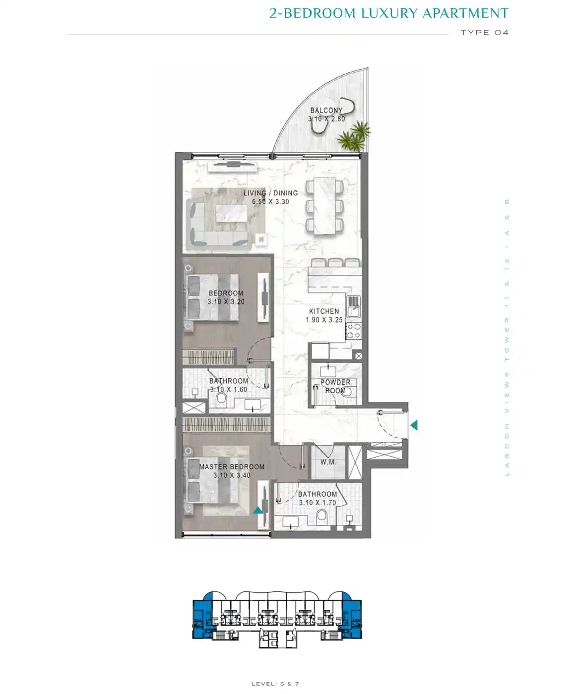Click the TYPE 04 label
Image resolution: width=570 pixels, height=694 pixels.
pyautogui.click(x=485, y=32)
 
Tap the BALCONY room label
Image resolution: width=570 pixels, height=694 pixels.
pyautogui.click(x=326, y=110)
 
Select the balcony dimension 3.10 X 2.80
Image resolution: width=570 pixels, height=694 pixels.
pyautogui.click(x=326, y=119)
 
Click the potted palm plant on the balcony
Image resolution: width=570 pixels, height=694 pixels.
pyautogui.click(x=354, y=136)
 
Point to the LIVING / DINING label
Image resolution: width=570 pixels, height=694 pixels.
pyautogui.click(x=271, y=193)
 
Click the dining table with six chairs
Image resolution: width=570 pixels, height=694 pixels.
pyautogui.click(x=324, y=206)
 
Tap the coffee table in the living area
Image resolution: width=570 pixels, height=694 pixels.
pyautogui.click(x=231, y=214)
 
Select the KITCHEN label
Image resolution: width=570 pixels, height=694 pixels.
pyautogui.click(x=324, y=311)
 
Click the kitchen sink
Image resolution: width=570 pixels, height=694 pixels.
pyautogui.click(x=354, y=306)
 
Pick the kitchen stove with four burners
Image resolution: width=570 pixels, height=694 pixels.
pyautogui.click(x=354, y=331)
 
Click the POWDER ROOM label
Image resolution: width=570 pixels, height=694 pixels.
pyautogui.click(x=335, y=386)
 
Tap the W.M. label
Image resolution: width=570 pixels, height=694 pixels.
pyautogui.click(x=328, y=462)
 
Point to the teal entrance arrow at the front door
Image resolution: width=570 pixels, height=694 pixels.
pyautogui.click(x=414, y=425)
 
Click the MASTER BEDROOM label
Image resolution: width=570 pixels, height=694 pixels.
pyautogui.click(x=232, y=466)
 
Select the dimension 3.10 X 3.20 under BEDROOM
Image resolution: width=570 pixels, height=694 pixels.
pyautogui.click(x=226, y=301)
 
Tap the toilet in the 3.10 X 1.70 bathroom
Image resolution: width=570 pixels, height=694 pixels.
pyautogui.click(x=321, y=517)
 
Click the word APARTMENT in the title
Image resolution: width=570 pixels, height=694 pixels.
pyautogui.click(x=465, y=13)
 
